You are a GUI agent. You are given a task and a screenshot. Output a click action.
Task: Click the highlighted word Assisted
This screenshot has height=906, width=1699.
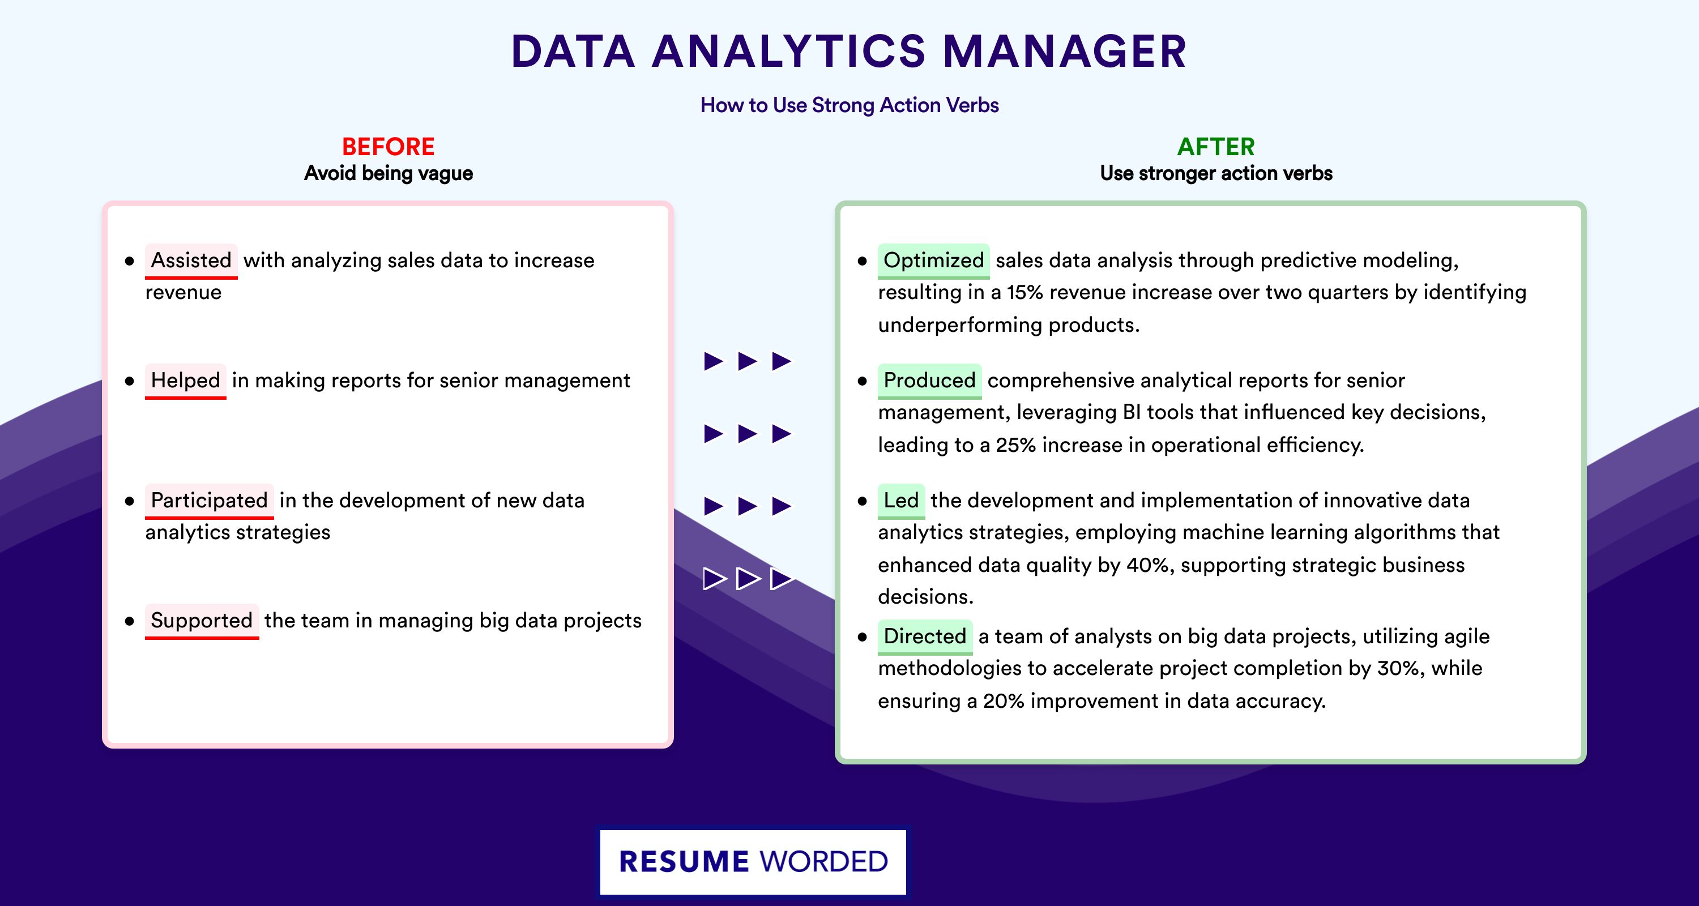coord(191,260)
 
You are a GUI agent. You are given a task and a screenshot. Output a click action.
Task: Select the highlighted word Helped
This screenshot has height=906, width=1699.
coord(185,381)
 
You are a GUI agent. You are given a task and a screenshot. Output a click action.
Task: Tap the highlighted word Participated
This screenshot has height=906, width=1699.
coord(209,501)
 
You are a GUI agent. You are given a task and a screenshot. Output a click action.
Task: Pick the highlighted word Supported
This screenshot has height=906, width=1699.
coord(202,621)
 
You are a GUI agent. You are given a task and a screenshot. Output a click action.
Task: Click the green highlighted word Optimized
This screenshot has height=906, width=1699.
coord(933,260)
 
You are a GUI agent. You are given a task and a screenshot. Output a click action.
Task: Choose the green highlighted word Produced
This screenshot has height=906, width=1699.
coord(929,381)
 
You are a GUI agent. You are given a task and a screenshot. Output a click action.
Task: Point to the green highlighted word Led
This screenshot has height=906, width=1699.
coord(901,501)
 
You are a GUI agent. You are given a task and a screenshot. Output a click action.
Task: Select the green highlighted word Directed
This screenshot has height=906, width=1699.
coord(925,636)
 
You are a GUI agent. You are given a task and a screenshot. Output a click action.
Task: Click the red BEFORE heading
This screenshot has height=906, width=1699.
coord(389,147)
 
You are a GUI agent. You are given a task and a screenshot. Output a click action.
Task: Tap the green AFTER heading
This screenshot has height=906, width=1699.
coord(1216,147)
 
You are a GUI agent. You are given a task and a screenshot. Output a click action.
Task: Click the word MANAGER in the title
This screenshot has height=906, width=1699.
coord(1065,52)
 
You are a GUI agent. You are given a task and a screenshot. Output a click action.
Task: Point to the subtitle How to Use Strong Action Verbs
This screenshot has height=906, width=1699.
coord(849,105)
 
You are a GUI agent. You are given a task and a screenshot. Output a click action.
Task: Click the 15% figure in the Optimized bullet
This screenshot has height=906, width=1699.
coord(1025,293)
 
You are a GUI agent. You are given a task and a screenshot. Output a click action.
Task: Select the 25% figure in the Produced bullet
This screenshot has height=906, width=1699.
coord(1015,446)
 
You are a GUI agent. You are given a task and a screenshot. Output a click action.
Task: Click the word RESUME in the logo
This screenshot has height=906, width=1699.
coord(684,862)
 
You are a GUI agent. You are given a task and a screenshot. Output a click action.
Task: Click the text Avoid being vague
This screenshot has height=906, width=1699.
coord(389,173)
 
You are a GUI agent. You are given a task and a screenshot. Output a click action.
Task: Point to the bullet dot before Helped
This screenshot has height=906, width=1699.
coord(129,381)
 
